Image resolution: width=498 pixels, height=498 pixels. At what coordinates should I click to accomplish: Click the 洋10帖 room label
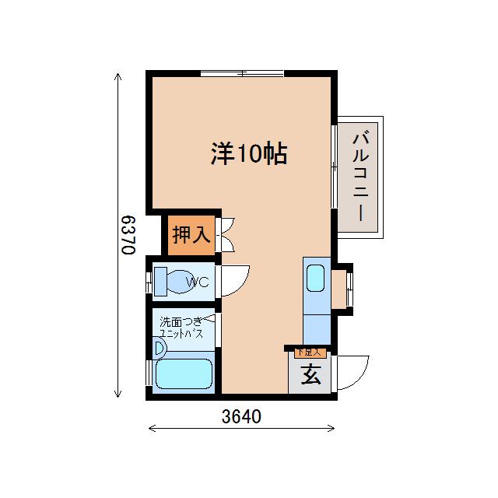(249, 154)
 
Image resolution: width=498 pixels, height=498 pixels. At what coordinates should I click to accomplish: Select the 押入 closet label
(191, 234)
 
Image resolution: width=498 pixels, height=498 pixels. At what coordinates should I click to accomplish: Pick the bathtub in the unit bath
(184, 374)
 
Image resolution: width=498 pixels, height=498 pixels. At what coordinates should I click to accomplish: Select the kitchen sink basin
(316, 277)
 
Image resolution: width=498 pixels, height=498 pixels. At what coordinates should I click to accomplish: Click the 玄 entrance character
(310, 375)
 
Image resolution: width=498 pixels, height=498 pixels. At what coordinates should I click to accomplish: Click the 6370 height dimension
(129, 235)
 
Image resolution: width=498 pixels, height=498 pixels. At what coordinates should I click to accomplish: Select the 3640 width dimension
(241, 416)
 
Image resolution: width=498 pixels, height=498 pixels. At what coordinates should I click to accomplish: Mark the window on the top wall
(242, 74)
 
